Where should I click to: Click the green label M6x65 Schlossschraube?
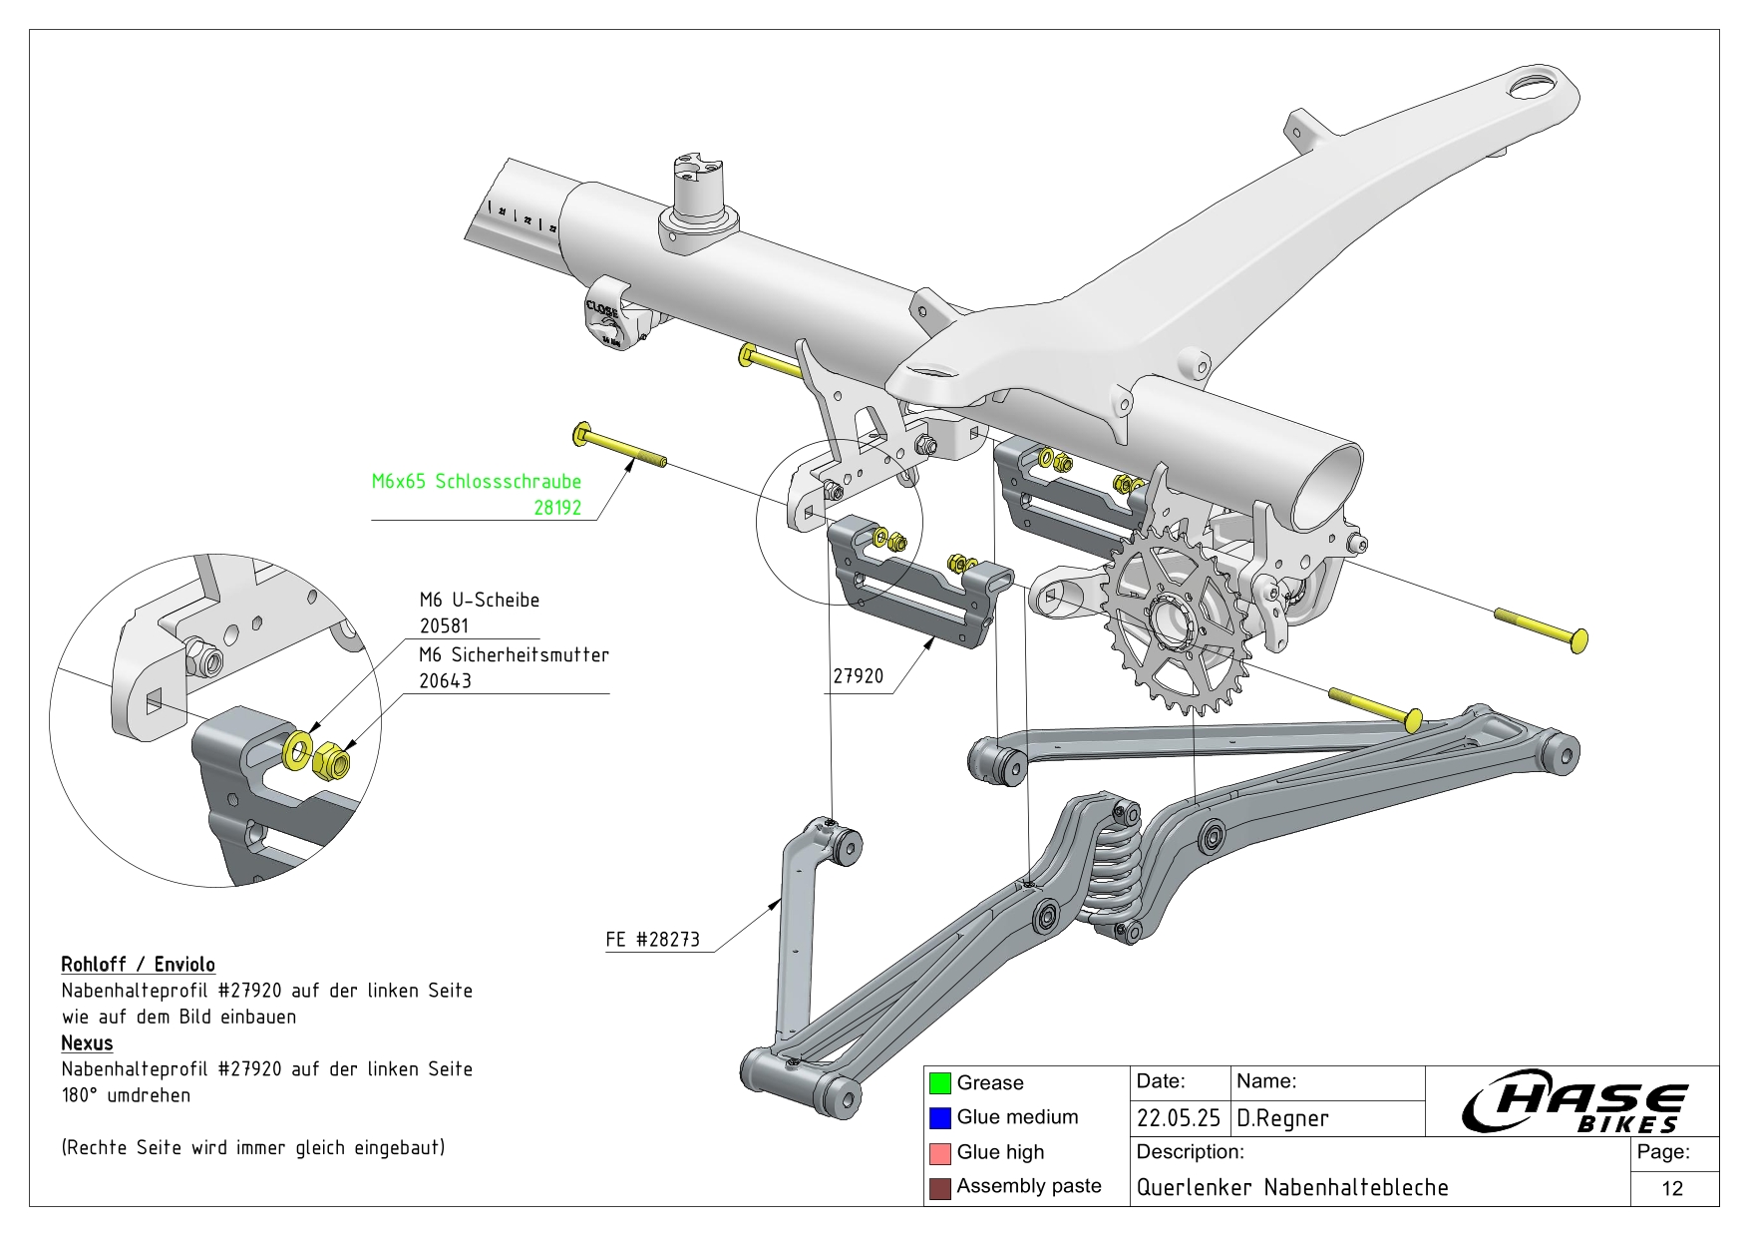(x=476, y=481)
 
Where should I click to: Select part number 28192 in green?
(x=556, y=507)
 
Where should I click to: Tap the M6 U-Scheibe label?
(x=479, y=600)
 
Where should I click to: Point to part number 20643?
(x=445, y=680)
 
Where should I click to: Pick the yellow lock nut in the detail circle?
(x=330, y=763)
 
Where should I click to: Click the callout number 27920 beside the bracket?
(x=858, y=675)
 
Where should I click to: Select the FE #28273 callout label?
(x=652, y=939)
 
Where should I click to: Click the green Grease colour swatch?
(x=939, y=1082)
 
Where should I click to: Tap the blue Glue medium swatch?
(x=939, y=1117)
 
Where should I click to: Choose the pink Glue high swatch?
(x=939, y=1152)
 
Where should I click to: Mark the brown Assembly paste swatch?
(x=939, y=1187)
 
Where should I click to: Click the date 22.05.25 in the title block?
(x=1178, y=1118)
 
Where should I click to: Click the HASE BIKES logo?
(x=1573, y=1102)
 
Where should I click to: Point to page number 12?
(x=1672, y=1188)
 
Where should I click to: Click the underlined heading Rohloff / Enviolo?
(x=138, y=964)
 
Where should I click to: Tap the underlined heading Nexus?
(x=87, y=1042)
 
